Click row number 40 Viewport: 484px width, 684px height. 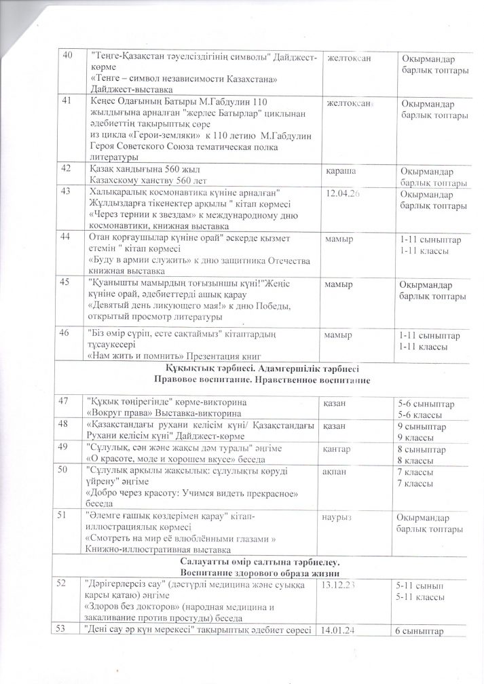[67, 56]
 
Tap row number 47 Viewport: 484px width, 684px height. [67, 402]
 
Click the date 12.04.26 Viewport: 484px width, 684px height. [343, 194]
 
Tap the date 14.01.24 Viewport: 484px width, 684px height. [343, 630]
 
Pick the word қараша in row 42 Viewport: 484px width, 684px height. [341, 170]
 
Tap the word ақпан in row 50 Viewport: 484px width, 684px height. [339, 470]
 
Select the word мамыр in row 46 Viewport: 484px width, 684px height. [338, 335]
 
